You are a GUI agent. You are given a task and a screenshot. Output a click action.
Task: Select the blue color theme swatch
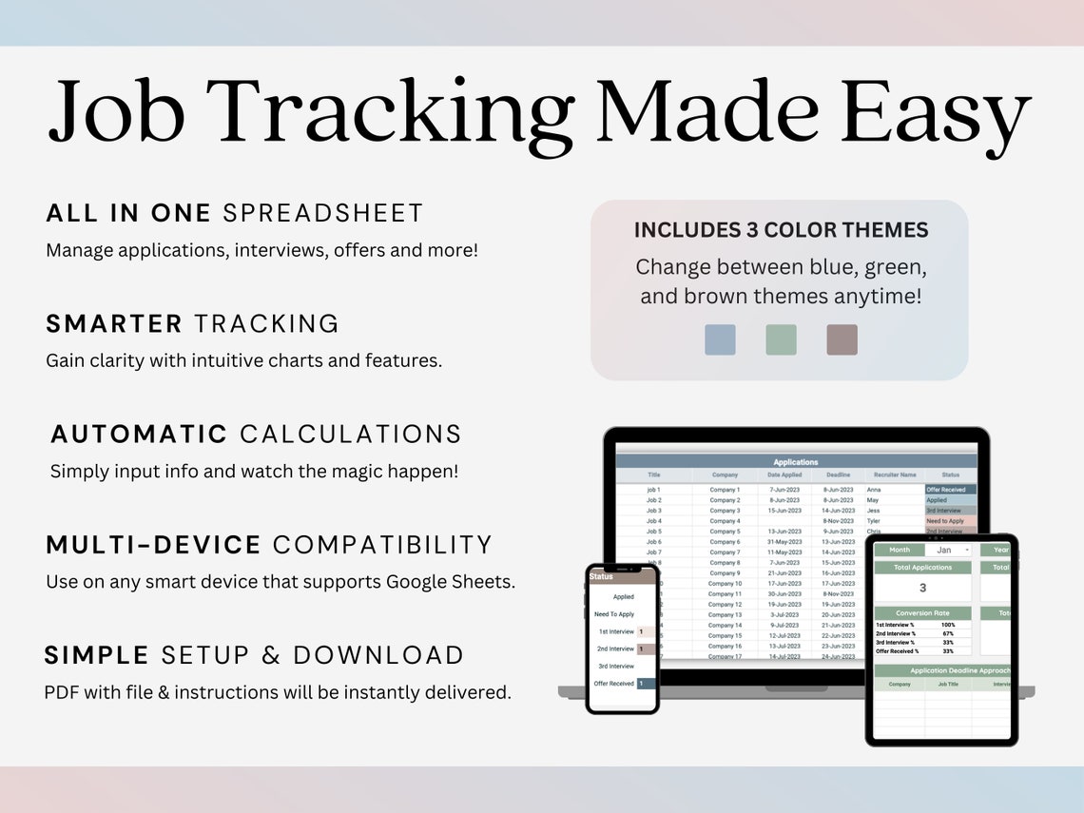pos(720,339)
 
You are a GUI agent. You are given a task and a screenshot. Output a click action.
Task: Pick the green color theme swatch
pos(781,339)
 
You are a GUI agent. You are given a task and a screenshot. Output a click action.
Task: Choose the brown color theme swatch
pos(842,339)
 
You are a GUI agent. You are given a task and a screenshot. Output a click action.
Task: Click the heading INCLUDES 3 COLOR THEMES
pos(781,230)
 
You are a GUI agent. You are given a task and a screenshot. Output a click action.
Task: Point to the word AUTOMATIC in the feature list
pos(139,435)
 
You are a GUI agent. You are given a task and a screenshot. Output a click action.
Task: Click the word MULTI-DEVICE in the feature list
pos(153,545)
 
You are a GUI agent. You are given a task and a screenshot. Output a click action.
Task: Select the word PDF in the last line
pos(62,692)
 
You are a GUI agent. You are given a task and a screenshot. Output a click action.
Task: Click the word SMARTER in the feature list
pos(114,324)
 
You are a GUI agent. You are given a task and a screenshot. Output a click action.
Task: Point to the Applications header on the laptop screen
pos(795,462)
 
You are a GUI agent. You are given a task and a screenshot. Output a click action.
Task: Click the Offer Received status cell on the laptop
pos(949,490)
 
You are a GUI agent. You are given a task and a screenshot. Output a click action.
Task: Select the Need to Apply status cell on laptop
pos(949,521)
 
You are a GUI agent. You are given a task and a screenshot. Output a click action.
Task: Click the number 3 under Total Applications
pos(922,588)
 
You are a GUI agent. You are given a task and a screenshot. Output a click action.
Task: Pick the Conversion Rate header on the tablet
pos(922,613)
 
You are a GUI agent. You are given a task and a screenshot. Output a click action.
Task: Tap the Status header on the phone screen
pos(601,576)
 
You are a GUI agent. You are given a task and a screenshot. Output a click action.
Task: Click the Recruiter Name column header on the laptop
pos(894,474)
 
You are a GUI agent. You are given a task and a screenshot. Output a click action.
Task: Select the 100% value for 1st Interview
pos(948,625)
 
